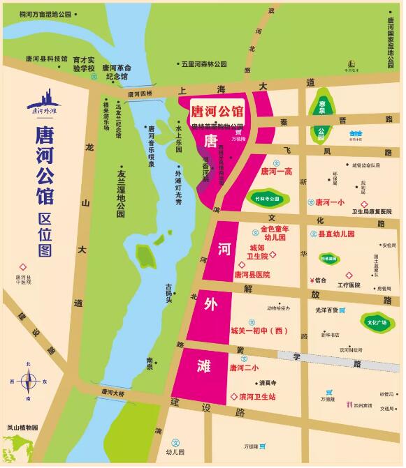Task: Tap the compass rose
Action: point(29,382)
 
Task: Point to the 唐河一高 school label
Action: point(277,171)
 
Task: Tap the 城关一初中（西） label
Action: point(259,331)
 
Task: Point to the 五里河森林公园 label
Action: point(204,64)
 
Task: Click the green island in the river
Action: point(146,256)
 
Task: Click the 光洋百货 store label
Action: point(325,310)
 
